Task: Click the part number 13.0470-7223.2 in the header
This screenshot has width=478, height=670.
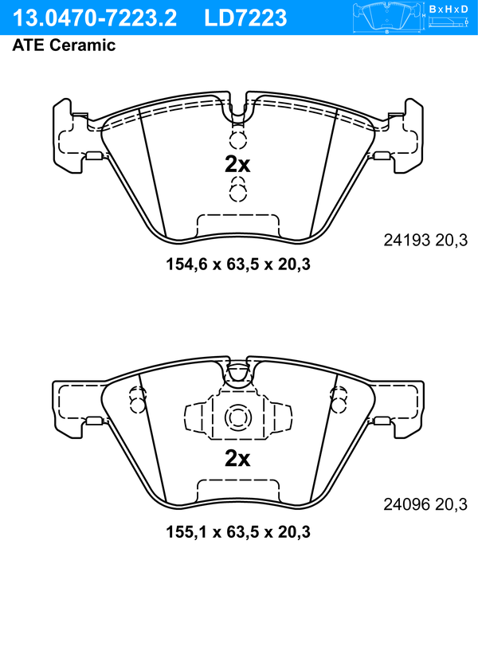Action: [94, 18]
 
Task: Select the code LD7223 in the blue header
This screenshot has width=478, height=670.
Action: [245, 18]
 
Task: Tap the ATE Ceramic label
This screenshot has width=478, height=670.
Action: [64, 45]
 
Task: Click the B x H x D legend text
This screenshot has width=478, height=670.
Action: [449, 9]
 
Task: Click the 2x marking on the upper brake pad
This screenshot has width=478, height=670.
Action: [237, 164]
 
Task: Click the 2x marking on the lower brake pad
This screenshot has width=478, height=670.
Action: [237, 459]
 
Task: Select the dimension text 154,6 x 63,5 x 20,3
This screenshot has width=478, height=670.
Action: [238, 264]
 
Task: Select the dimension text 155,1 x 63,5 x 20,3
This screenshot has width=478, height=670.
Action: [238, 532]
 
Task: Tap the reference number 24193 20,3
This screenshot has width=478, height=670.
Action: [425, 240]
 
